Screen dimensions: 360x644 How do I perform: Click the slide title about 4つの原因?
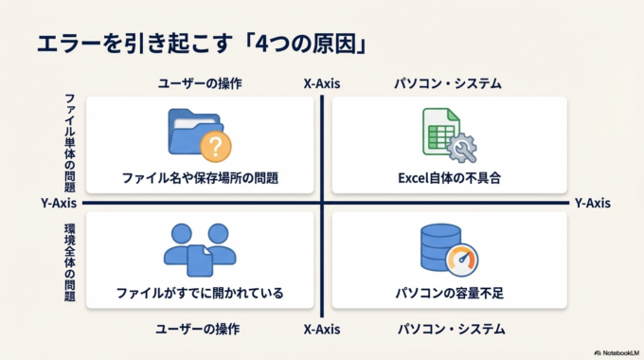[x=201, y=44]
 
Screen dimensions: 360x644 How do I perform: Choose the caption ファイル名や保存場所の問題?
[x=200, y=177]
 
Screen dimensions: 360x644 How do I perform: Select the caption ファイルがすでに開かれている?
[x=200, y=293]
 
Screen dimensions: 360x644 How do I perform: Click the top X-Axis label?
[x=322, y=83]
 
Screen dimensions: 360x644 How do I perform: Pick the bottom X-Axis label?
[x=322, y=329]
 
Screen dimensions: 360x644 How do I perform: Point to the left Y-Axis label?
[x=60, y=203]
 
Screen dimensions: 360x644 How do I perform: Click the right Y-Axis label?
[x=592, y=203]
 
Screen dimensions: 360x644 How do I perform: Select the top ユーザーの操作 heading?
[x=200, y=83]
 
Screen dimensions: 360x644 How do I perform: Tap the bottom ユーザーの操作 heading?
[x=200, y=329]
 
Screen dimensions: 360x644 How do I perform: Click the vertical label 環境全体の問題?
[x=70, y=262]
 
